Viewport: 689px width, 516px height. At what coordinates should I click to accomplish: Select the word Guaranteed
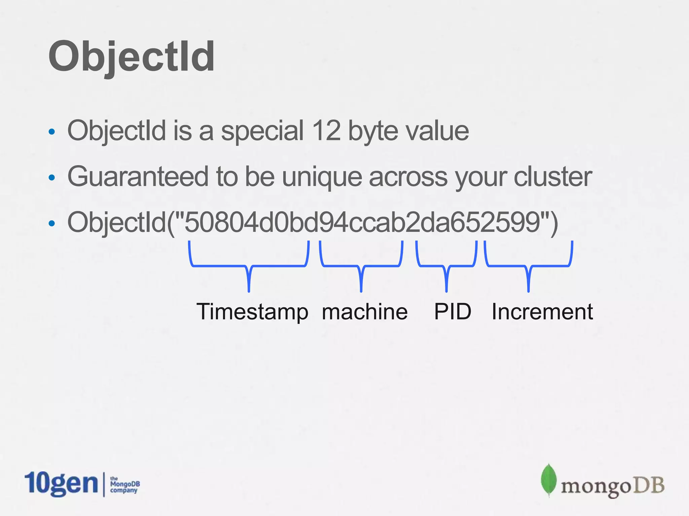pyautogui.click(x=138, y=177)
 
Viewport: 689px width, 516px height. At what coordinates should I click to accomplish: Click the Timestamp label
pyautogui.click(x=252, y=312)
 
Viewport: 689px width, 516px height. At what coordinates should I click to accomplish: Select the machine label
pyautogui.click(x=365, y=311)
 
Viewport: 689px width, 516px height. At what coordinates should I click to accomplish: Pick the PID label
pyautogui.click(x=452, y=311)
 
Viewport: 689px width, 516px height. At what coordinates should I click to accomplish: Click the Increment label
pyautogui.click(x=542, y=311)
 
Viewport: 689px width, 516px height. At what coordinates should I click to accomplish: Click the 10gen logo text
pyautogui.click(x=61, y=484)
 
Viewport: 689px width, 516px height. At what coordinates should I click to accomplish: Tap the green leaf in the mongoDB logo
pyautogui.click(x=548, y=480)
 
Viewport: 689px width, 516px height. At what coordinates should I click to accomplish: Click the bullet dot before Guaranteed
pyautogui.click(x=51, y=178)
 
